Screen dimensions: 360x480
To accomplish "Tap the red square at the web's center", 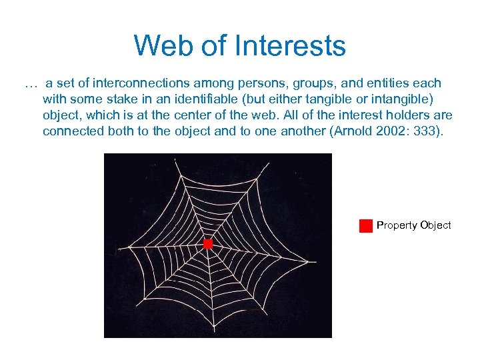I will pyautogui.click(x=208, y=244).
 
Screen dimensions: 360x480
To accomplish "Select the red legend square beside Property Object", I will pyautogui.click(x=365, y=226).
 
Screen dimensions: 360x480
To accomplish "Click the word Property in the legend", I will pyautogui.click(x=397, y=225).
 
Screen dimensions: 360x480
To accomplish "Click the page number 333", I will pyautogui.click(x=423, y=131).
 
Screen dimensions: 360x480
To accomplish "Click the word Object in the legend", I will pyautogui.click(x=435, y=225).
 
